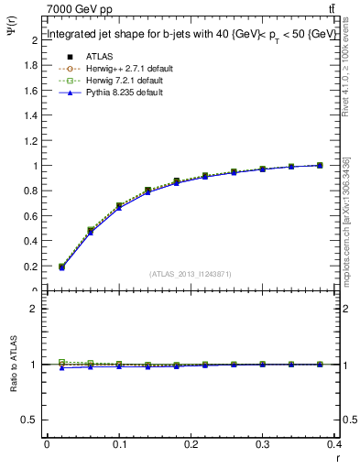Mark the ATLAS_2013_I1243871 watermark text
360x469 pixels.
point(189,274)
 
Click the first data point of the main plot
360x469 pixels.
point(61,267)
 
